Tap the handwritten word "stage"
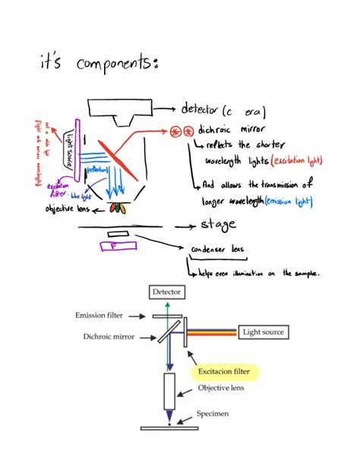[x=218, y=225]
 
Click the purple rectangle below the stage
[x=118, y=245]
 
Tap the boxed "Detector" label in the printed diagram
[x=167, y=292]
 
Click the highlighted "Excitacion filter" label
[x=223, y=371]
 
